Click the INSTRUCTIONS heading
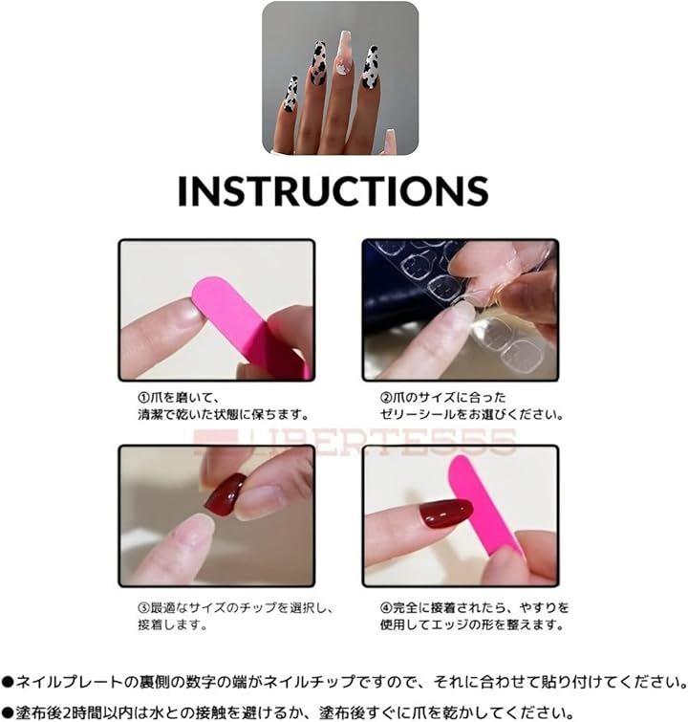(x=333, y=190)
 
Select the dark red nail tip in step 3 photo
(x=226, y=494)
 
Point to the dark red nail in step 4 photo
(x=446, y=513)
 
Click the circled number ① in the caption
(x=144, y=398)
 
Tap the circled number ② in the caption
(x=386, y=398)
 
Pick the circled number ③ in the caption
(x=144, y=608)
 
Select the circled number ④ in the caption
(x=386, y=608)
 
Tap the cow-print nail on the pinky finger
(x=290, y=95)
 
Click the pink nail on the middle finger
(x=343, y=53)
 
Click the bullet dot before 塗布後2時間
(x=8, y=713)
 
